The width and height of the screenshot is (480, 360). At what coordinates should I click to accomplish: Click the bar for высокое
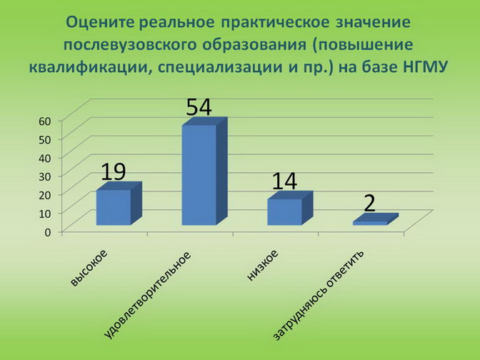(x=119, y=204)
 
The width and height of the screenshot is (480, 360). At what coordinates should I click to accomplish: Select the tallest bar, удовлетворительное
(x=204, y=171)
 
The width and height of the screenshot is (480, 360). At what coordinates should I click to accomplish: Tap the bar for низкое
(x=290, y=209)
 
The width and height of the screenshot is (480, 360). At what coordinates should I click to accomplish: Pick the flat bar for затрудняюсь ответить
(x=376, y=220)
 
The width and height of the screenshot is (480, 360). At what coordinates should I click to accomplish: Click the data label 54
(x=199, y=107)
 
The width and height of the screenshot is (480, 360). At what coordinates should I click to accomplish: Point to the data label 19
(x=113, y=171)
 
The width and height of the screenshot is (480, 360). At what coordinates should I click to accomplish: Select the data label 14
(x=284, y=181)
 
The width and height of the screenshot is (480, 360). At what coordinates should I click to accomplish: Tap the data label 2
(x=369, y=204)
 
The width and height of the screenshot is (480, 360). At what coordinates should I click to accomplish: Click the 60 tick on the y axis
(x=45, y=121)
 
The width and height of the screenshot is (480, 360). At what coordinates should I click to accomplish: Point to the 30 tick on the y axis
(x=45, y=176)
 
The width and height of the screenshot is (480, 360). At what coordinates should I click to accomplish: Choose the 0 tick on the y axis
(x=48, y=232)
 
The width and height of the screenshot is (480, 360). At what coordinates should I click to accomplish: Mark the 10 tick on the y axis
(x=45, y=214)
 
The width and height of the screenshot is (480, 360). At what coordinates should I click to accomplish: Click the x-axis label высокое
(x=89, y=268)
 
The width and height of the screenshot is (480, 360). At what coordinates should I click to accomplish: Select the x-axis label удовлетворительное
(x=148, y=296)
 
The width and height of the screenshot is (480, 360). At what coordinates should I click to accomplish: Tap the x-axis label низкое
(x=263, y=265)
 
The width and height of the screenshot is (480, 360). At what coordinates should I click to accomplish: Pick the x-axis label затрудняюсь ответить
(x=319, y=296)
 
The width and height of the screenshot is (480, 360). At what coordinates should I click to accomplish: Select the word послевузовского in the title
(x=130, y=45)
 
